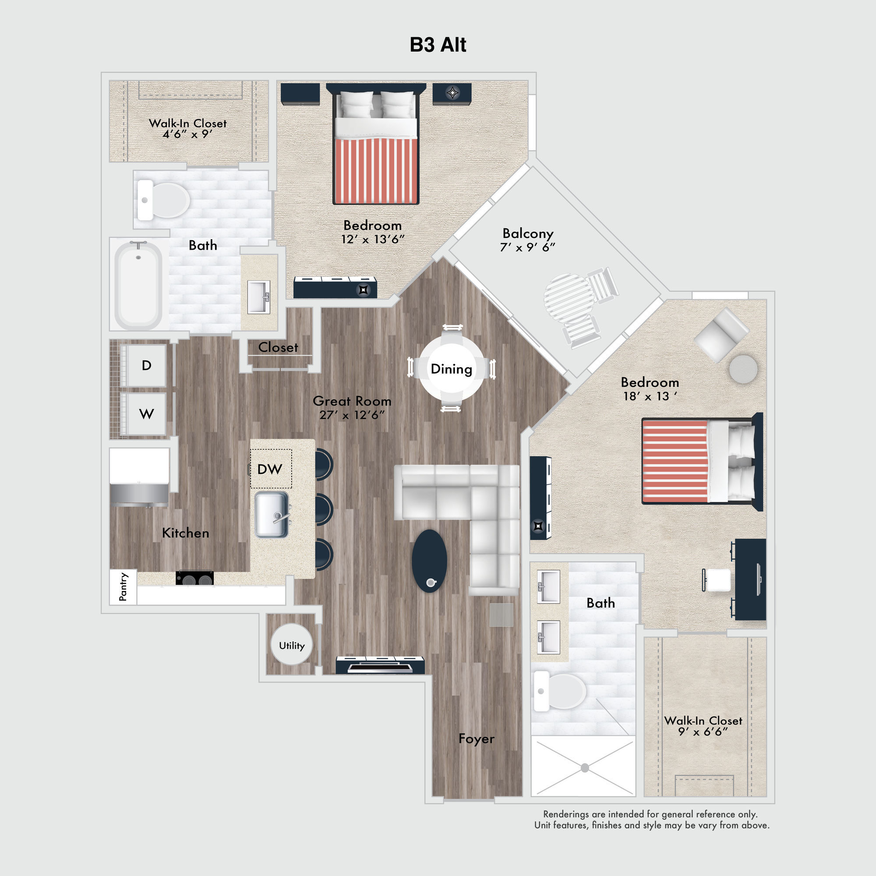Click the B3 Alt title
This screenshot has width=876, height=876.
click(438, 45)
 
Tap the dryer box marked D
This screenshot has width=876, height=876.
click(146, 365)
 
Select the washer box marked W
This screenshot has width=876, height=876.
click(146, 413)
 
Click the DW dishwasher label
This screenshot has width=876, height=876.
click(270, 469)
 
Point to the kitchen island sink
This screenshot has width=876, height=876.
click(272, 515)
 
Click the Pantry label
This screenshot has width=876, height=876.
click(123, 587)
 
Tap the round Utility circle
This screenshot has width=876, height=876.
click(292, 645)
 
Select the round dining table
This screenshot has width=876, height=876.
click(451, 369)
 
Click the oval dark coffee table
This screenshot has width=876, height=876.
click(429, 561)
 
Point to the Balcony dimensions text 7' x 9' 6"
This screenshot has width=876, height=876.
click(527, 247)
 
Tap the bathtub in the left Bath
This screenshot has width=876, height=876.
click(138, 285)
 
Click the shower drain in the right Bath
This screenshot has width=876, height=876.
click(584, 768)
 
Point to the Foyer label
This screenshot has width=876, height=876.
click(476, 738)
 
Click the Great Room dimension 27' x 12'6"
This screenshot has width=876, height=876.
click(352, 415)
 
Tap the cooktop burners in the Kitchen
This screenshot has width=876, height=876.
click(194, 578)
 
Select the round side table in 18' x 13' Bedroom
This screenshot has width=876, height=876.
click(743, 369)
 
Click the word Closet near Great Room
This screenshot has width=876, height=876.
click(278, 347)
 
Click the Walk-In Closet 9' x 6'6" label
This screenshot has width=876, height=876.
click(703, 726)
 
